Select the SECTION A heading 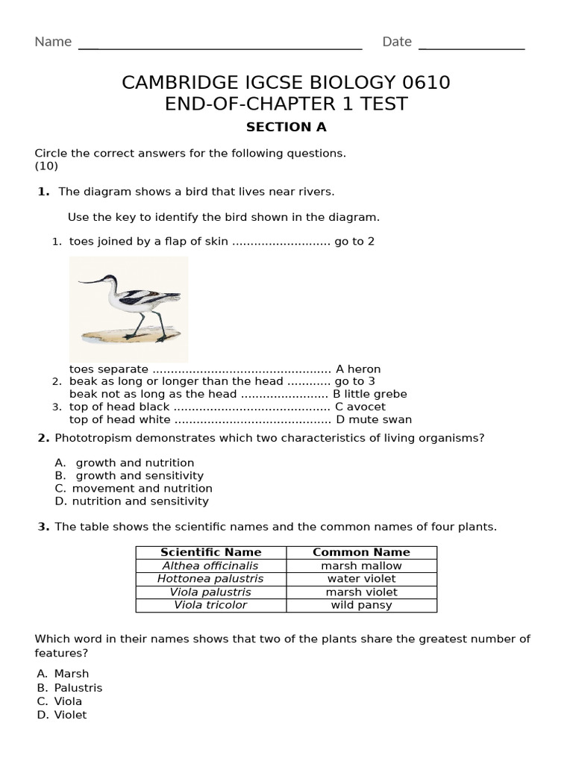pos(286,127)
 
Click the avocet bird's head pos(110,281)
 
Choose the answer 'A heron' pos(358,369)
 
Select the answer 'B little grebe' pos(370,394)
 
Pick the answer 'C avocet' pos(360,407)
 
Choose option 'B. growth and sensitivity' pos(129,475)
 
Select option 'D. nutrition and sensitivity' pos(131,501)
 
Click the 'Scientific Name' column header pos(211,552)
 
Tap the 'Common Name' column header pos(361,552)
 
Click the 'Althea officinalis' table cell pos(210,566)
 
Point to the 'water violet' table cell pos(361,578)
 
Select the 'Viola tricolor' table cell pos(210,605)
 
